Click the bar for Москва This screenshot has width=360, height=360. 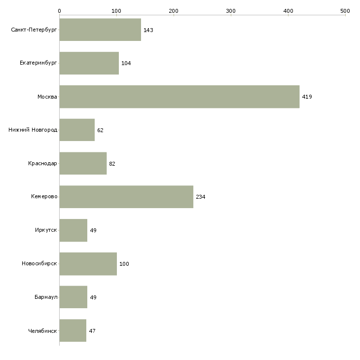pos(180,97)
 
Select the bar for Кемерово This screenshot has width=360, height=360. pos(126,197)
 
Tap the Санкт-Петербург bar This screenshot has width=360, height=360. pos(100,30)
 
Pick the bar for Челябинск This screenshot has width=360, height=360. pos(73,330)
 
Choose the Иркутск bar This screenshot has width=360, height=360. pos(73,230)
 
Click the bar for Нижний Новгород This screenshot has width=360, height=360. pos(77,130)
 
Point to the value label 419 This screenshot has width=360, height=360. pos(307,97)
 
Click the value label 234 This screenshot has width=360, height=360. pos(200,197)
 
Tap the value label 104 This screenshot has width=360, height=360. pos(126,63)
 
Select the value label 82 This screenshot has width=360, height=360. pos(112,164)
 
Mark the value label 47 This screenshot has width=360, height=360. pos(92,331)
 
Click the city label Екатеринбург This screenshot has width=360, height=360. pos(38,63)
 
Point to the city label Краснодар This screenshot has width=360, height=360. pos(42,163)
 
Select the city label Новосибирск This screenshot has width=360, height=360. pos(39,263)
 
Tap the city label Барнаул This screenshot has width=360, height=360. pos(46,297)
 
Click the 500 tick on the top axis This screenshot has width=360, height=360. pos(345,11)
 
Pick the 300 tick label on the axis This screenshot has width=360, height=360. pos(231,11)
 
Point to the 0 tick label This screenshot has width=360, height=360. pos(59,11)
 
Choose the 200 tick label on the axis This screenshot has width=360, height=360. pos(173,11)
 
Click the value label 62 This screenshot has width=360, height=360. pos(100,130)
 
